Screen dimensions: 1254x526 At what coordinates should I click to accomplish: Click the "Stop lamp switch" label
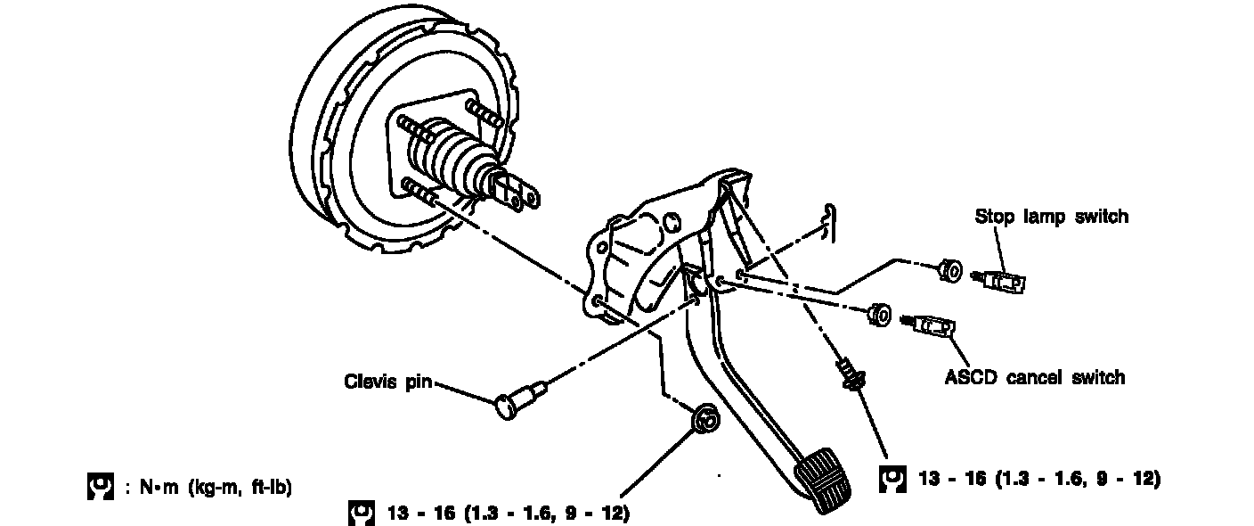point(1051,217)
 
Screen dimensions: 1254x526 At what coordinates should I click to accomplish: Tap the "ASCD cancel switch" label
point(1034,377)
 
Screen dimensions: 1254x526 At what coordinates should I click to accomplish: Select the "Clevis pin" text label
point(388,382)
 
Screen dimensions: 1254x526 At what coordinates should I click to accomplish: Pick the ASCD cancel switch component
point(935,327)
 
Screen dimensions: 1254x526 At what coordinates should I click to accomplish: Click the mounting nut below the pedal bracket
point(706,416)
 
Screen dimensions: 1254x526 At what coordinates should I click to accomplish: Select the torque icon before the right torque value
point(891,479)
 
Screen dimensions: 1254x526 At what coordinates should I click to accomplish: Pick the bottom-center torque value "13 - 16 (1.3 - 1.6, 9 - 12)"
point(509,514)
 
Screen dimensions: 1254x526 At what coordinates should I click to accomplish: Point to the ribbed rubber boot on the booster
point(454,158)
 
